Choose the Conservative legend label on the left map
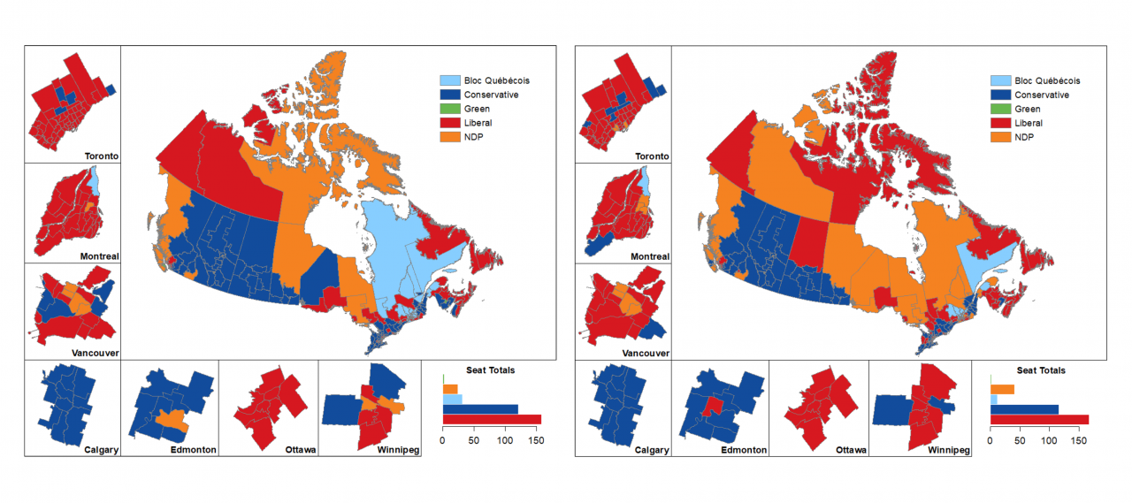coord(492,95)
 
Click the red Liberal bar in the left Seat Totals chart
coord(492,419)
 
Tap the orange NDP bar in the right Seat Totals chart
coord(1002,389)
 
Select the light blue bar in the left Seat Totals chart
coord(452,399)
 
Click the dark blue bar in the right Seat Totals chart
coord(1024,409)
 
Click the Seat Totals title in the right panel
coord(1040,370)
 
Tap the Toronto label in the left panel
coord(101,156)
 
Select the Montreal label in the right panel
coord(651,256)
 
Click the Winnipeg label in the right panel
coord(950,450)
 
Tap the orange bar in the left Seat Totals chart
coord(450,388)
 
